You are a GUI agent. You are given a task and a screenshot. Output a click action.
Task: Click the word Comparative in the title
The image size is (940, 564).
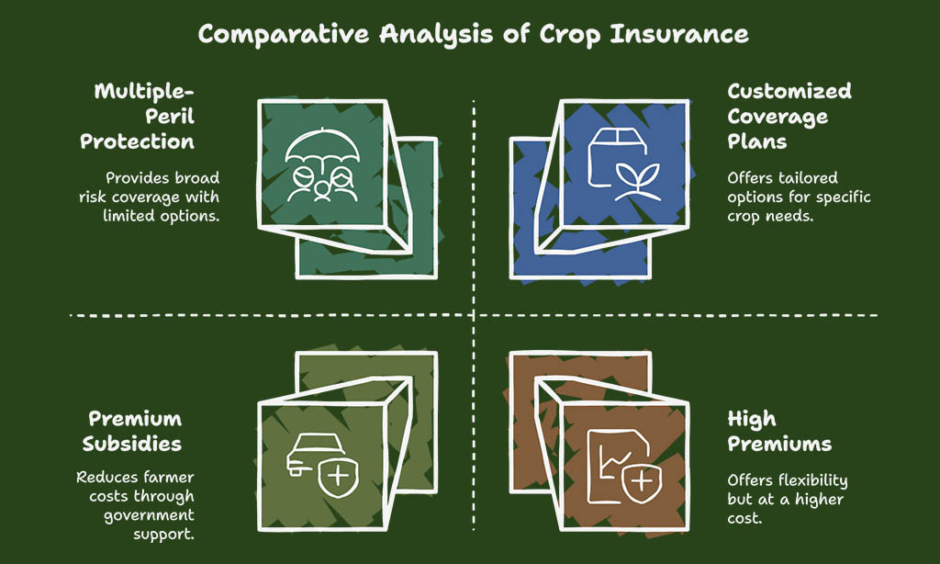[283, 35]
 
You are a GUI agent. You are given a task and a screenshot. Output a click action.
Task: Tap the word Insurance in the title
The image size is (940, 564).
[679, 34]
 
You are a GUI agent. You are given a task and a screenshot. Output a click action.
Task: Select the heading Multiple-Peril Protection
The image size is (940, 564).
[138, 117]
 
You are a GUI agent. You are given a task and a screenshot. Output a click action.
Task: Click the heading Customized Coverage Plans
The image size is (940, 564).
[789, 117]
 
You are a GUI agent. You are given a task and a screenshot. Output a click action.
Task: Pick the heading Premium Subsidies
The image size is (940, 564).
[132, 432]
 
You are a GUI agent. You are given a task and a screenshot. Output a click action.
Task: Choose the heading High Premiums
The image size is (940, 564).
[779, 432]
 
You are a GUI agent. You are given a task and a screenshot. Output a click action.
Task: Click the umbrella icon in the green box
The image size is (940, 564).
[322, 146]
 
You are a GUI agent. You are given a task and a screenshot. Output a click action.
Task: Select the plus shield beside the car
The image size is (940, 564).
[338, 477]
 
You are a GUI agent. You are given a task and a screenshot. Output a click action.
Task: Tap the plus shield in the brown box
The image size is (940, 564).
[642, 482]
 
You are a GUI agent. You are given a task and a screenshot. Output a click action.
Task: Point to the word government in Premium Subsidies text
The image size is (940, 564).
[149, 516]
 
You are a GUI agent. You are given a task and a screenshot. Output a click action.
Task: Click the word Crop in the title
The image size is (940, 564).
[569, 36]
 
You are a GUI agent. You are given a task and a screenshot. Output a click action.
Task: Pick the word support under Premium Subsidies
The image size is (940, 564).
[163, 535]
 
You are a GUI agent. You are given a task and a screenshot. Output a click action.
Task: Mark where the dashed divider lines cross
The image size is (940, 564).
[474, 314]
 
